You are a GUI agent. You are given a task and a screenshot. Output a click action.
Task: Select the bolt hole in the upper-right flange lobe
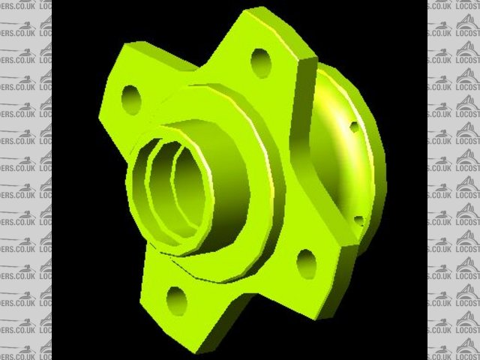[x=260, y=62]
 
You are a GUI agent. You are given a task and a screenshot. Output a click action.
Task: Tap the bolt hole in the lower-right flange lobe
[x=306, y=262]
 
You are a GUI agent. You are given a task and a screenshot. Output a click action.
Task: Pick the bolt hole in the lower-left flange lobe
[x=176, y=300]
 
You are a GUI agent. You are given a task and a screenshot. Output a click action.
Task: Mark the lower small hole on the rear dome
[x=358, y=221]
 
